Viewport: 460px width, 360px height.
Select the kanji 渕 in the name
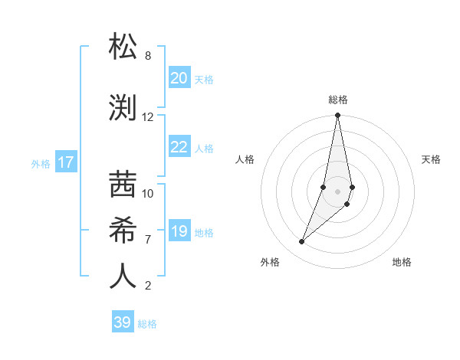coord(123,107)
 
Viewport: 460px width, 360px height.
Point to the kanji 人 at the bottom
coord(123,275)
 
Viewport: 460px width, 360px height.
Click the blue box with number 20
coord(179,78)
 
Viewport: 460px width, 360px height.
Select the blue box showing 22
coord(179,147)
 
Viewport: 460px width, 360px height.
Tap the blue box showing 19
coord(179,231)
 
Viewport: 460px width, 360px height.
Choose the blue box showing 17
coord(66,162)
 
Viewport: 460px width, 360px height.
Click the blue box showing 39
coord(123,322)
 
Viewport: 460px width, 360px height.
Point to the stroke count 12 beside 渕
coord(148,117)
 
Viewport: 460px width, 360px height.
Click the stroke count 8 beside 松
coord(148,56)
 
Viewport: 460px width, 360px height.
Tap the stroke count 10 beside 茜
coord(148,194)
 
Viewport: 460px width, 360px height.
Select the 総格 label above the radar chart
coord(338,100)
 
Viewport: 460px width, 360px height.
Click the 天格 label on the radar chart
coord(432,159)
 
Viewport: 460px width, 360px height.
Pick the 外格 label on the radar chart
coord(270,262)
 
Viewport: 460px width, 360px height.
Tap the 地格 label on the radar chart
coord(402,262)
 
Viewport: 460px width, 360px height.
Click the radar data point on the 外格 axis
coord(302,242)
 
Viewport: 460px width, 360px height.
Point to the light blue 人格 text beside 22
coord(204,148)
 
